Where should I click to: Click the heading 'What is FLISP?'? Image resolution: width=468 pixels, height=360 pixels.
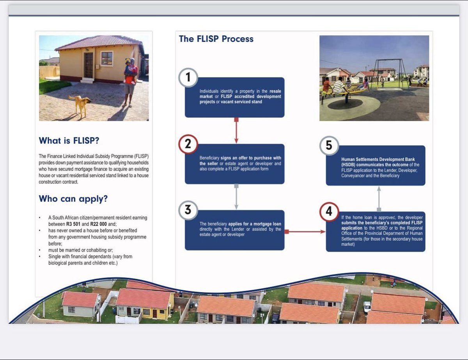pyautogui.click(x=71, y=141)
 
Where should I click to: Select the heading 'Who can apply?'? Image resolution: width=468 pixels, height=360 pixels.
pyautogui.click(x=73, y=199)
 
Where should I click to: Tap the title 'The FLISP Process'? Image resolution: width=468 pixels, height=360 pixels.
pyautogui.click(x=216, y=39)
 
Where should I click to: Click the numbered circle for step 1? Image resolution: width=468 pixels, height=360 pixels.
pyautogui.click(x=188, y=78)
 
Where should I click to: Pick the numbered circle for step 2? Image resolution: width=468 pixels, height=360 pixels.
pyautogui.click(x=188, y=144)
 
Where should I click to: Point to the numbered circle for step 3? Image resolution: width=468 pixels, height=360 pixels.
pyautogui.click(x=188, y=210)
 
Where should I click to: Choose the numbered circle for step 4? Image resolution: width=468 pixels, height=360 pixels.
pyautogui.click(x=329, y=212)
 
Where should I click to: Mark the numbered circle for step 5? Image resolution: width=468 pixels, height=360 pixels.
pyautogui.click(x=329, y=145)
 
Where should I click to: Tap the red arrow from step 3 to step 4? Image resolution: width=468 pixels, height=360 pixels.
pyautogui.click(x=305, y=231)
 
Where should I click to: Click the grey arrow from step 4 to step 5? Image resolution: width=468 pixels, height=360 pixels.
pyautogui.click(x=379, y=199)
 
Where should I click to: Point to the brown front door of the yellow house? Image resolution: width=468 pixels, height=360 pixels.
pyautogui.click(x=89, y=65)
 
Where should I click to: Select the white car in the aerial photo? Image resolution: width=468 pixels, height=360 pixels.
pyautogui.click(x=367, y=307)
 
